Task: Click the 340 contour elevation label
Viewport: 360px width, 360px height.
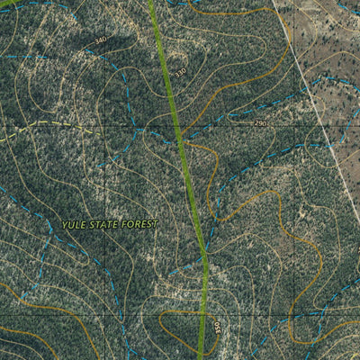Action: point(100,40)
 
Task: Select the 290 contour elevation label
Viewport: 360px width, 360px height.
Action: point(260,122)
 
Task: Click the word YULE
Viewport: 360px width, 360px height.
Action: point(75,223)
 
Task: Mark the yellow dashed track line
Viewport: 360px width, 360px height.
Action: point(54,124)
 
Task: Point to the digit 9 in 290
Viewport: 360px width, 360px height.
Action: point(260,122)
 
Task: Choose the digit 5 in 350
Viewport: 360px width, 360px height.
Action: point(217,326)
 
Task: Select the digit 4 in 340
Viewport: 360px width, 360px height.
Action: point(100,40)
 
